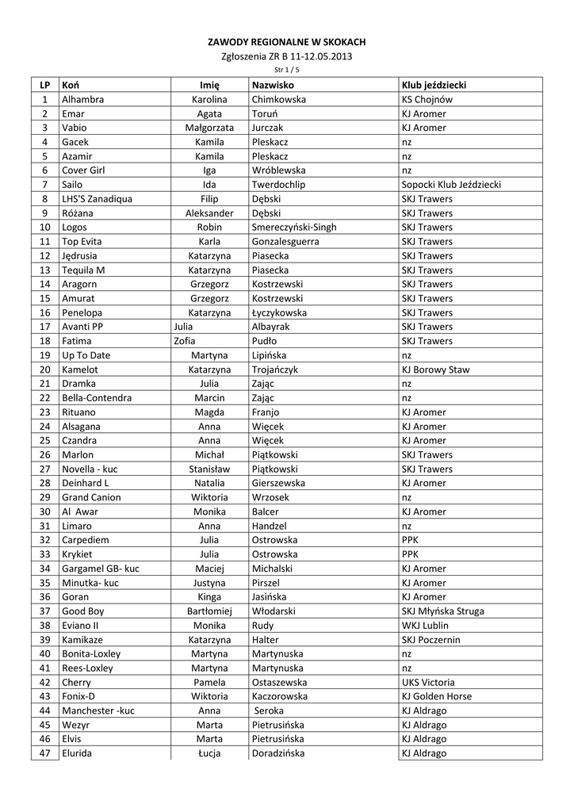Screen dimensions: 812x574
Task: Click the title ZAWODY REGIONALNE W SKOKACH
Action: point(287,41)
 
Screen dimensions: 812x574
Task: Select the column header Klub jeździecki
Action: point(434,85)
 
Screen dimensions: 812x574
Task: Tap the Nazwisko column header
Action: point(273,85)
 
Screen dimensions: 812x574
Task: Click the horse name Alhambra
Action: point(82,100)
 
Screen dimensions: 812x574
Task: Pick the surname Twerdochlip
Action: point(278,185)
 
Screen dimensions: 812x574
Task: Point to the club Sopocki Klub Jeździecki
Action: point(451,185)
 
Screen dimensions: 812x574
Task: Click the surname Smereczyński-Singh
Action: point(293,228)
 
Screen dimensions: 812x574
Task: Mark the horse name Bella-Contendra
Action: point(97,398)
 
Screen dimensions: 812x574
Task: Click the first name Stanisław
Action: point(209,469)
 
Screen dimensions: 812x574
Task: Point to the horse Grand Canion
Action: point(91,497)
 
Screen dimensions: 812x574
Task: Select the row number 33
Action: point(44,554)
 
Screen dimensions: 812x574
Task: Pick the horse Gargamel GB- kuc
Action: point(101,569)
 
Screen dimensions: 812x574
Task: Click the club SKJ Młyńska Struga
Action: point(443,611)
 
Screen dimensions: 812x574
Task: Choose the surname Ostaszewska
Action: point(279,682)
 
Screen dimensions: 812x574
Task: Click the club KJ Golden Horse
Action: point(437,696)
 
